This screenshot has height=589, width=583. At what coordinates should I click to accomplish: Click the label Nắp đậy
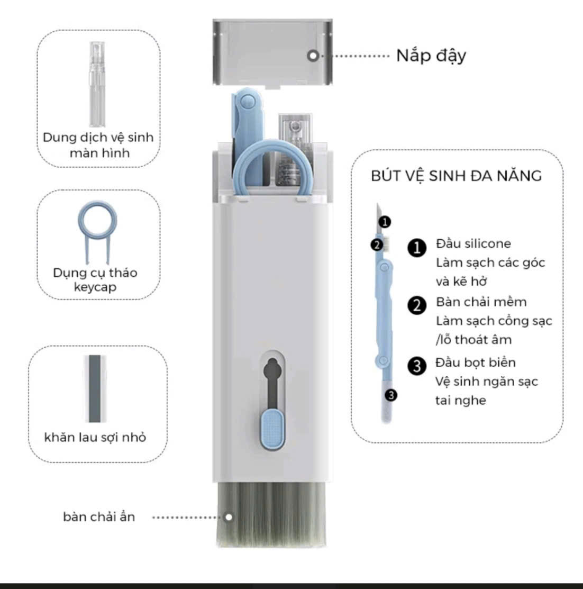pyautogui.click(x=431, y=56)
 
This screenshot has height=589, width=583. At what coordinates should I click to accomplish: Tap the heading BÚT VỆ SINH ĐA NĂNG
pyautogui.click(x=457, y=176)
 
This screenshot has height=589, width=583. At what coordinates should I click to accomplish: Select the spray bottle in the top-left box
pyautogui.click(x=97, y=84)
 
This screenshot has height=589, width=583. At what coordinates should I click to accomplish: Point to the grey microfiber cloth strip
pyautogui.click(x=95, y=388)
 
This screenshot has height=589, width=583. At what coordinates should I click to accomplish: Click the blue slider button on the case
pyautogui.click(x=272, y=429)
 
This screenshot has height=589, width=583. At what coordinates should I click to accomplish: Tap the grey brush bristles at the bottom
pyautogui.click(x=271, y=514)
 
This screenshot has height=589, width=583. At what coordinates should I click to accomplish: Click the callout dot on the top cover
pyautogui.click(x=313, y=56)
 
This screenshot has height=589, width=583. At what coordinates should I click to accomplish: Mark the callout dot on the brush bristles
pyautogui.click(x=229, y=517)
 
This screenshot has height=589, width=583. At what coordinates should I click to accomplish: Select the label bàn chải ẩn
pyautogui.click(x=99, y=517)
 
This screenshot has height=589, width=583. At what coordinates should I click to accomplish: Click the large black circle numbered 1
pyautogui.click(x=417, y=248)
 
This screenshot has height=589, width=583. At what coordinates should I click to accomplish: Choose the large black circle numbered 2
pyautogui.click(x=417, y=305)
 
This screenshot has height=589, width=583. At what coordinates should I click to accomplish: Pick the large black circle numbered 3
pyautogui.click(x=417, y=366)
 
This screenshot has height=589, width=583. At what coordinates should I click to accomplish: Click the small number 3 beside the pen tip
pyautogui.click(x=391, y=395)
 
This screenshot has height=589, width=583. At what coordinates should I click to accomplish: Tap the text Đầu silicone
pyautogui.click(x=473, y=244)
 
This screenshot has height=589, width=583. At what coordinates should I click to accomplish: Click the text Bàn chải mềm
pyautogui.click(x=481, y=302)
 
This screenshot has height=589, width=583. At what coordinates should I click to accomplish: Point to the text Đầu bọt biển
pyautogui.click(x=475, y=363)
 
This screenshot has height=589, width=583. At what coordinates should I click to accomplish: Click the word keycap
pyautogui.click(x=95, y=287)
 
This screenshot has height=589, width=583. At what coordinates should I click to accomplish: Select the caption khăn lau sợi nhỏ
pyautogui.click(x=95, y=437)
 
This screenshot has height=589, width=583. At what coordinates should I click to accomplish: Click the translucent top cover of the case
pyautogui.click(x=272, y=52)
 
